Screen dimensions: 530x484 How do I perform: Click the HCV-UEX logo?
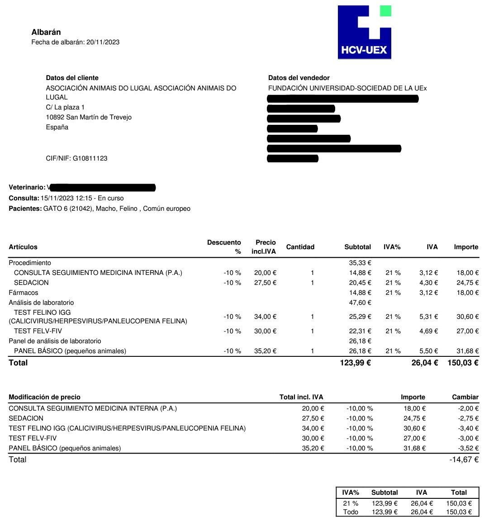pyautogui.click(x=364, y=32)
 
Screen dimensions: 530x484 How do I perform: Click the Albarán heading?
pyautogui.click(x=46, y=32)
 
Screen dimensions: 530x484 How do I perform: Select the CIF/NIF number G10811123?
pyautogui.click(x=90, y=158)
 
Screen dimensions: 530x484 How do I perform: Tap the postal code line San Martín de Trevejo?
pyautogui.click(x=89, y=117)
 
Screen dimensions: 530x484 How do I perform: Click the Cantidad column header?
pyautogui.click(x=300, y=247)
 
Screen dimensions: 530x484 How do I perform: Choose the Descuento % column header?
pyautogui.click(x=224, y=247)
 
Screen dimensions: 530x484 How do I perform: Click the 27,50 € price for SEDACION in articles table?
pyautogui.click(x=265, y=283)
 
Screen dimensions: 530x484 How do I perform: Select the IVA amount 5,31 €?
pyautogui.click(x=428, y=317)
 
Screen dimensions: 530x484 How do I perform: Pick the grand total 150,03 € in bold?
pyautogui.click(x=463, y=363)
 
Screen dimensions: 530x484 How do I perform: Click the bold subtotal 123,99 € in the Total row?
pyautogui.click(x=355, y=363)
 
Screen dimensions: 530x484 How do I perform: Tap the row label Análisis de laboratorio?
pyautogui.click(x=41, y=303)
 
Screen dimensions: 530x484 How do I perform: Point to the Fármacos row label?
pyautogui.click(x=24, y=293)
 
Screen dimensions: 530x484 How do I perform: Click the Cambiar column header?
pyautogui.click(x=465, y=397)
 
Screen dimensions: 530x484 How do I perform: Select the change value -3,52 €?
pyautogui.click(x=467, y=448)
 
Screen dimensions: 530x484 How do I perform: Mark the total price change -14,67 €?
pyautogui.click(x=464, y=459)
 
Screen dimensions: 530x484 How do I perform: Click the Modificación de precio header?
pyautogui.click(x=44, y=397)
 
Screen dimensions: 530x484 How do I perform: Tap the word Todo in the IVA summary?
pyautogui.click(x=351, y=512)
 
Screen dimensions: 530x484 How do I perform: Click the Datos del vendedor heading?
pyautogui.click(x=299, y=78)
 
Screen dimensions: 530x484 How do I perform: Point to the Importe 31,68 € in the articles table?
pyautogui.click(x=467, y=351)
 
